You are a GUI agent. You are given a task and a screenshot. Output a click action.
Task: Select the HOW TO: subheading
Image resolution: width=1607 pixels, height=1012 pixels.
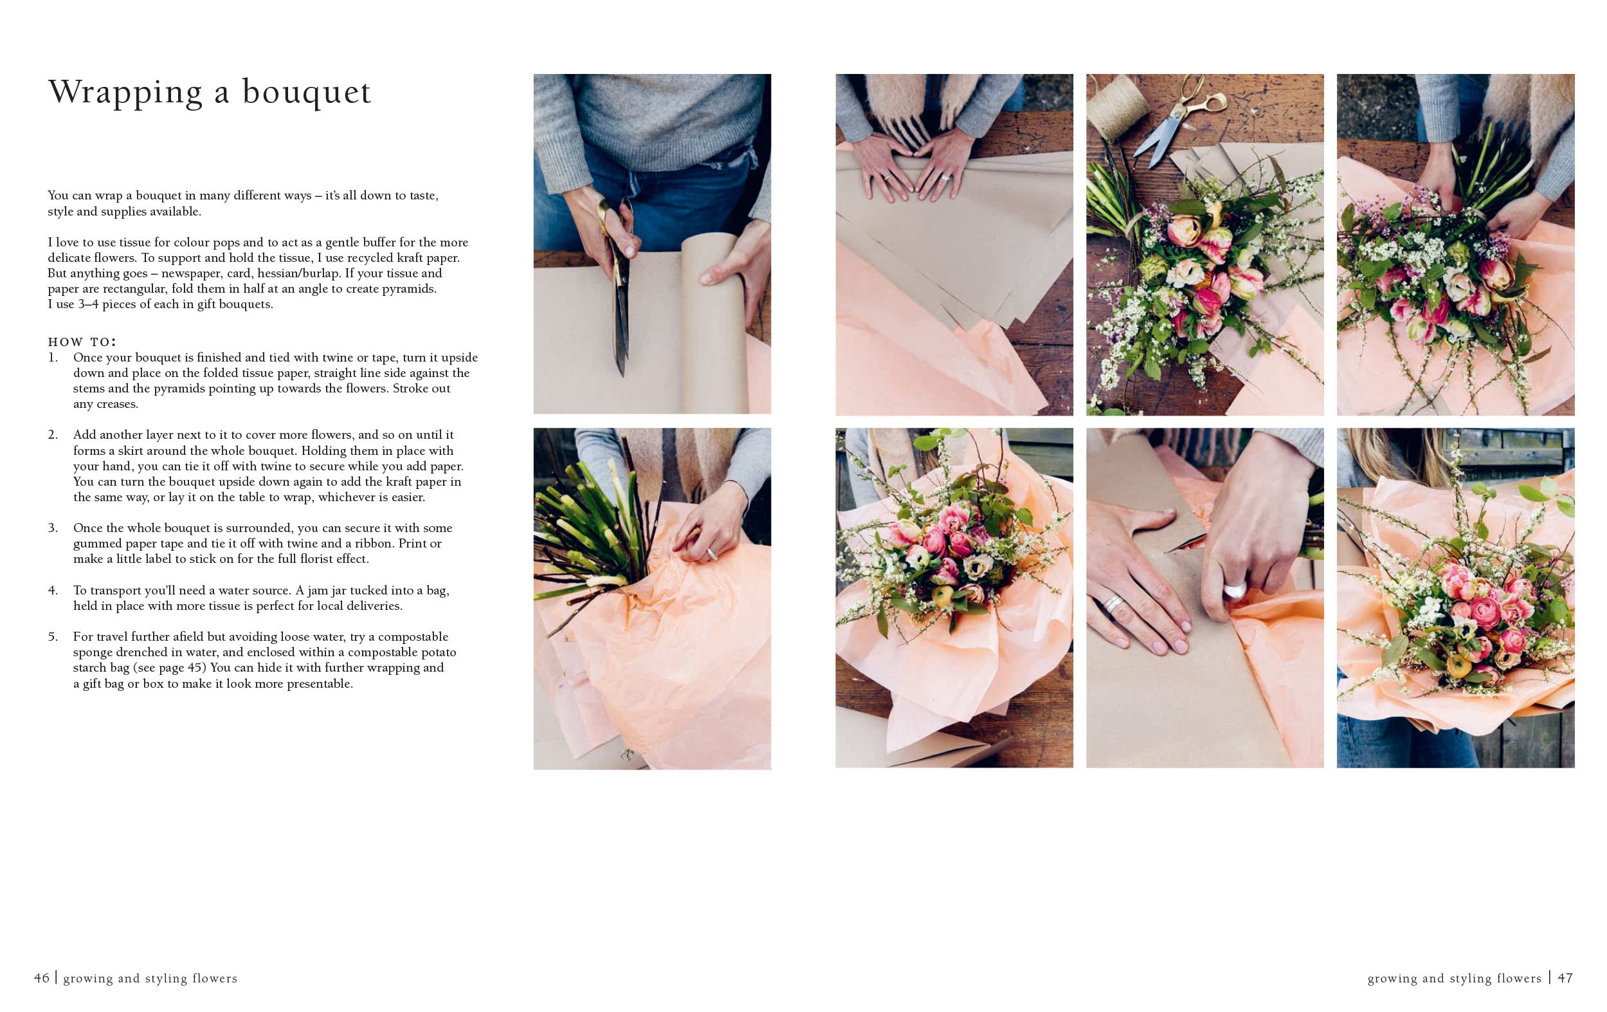pyautogui.click(x=82, y=342)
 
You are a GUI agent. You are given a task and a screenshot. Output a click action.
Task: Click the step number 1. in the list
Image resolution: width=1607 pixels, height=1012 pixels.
pyautogui.click(x=53, y=358)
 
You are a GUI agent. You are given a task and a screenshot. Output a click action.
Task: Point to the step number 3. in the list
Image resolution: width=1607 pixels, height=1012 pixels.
pyautogui.click(x=53, y=528)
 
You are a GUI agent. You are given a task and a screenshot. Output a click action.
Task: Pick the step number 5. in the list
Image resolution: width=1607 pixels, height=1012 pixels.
pyautogui.click(x=53, y=637)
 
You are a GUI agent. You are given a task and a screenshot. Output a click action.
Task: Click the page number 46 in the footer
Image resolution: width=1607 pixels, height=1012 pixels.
pyautogui.click(x=41, y=978)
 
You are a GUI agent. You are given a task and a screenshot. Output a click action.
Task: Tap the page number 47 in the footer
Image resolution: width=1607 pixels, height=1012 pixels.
pyautogui.click(x=1565, y=978)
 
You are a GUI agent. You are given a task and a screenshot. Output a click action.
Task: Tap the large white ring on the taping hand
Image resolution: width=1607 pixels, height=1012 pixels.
pyautogui.click(x=1235, y=590)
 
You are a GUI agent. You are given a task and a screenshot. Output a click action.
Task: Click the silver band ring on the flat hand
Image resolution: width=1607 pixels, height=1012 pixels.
pyautogui.click(x=1113, y=603)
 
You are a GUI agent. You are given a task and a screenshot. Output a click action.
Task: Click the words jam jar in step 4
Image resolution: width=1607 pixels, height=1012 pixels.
pyautogui.click(x=326, y=591)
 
